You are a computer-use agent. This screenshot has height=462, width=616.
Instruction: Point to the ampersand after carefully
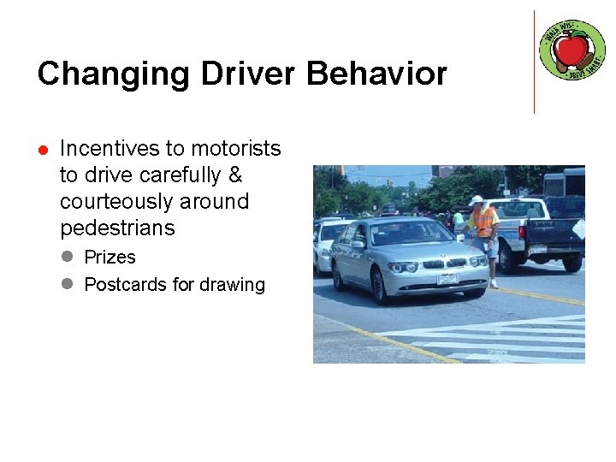(235, 175)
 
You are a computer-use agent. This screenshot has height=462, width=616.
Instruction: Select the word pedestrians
(117, 228)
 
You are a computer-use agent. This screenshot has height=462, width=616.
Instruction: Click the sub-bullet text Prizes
(110, 258)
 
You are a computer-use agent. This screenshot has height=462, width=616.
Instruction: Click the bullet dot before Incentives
(43, 150)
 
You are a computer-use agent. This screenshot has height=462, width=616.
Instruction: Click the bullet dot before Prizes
(68, 258)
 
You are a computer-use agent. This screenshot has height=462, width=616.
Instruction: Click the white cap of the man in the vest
(477, 200)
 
